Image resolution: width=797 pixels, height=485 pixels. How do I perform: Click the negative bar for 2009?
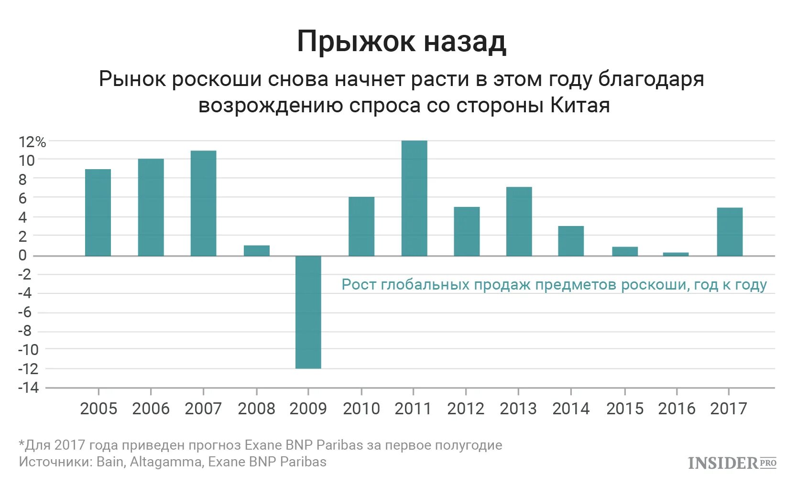coord(308,312)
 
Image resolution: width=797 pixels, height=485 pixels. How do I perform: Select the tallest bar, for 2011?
coord(414,198)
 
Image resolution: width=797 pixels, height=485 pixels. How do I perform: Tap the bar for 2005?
coord(98,213)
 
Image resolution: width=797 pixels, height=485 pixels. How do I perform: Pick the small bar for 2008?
coord(257,250)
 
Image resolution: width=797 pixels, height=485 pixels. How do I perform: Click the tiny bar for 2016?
coord(676,254)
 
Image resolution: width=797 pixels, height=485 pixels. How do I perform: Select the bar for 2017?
coord(730,232)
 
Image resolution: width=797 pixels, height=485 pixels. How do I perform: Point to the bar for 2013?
coord(519,221)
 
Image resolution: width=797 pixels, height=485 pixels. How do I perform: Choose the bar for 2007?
coord(203,203)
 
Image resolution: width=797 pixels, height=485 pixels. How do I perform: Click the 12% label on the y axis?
coord(32,142)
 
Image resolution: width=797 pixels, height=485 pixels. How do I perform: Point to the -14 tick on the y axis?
coord(28,387)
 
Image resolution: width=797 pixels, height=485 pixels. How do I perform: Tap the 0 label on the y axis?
coord(22,255)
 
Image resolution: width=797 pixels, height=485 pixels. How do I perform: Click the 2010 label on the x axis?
coord(361,409)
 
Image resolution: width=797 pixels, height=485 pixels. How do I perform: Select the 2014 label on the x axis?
coord(571,409)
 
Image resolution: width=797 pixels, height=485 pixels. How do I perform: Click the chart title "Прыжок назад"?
coord(401,42)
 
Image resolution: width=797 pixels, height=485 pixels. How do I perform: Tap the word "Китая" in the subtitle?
coord(580,105)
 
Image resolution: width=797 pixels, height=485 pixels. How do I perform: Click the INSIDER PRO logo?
coord(732,463)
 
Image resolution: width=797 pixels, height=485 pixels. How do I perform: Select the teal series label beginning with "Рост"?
coord(554,285)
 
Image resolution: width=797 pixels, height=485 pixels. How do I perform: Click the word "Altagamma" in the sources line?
coord(166,462)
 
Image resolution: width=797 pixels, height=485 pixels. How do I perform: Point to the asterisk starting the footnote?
coord(21,444)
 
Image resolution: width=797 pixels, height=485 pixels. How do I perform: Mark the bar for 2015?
coord(624,251)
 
